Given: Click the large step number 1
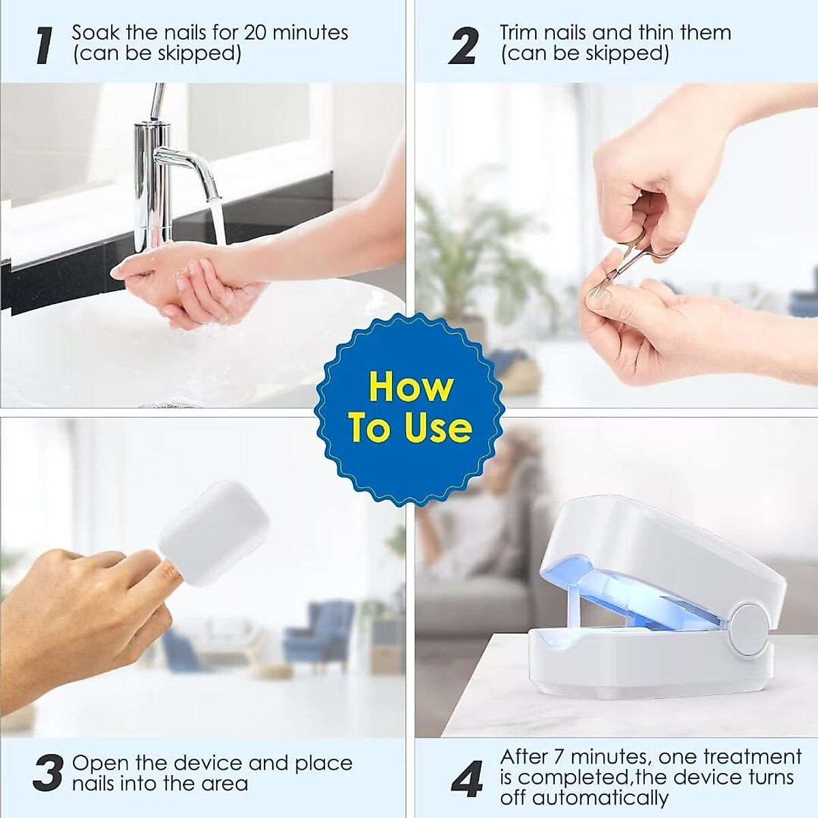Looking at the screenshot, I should (46, 45).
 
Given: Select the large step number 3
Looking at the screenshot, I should (48, 772).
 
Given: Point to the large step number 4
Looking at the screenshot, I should (467, 780).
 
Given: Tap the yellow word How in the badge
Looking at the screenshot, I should (410, 387).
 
